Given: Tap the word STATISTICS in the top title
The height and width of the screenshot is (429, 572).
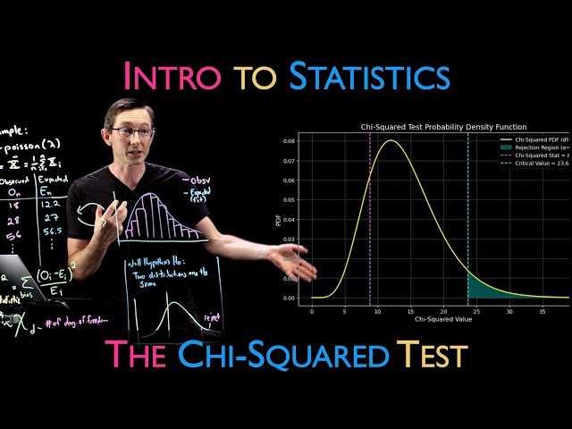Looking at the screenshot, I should [x=368, y=75].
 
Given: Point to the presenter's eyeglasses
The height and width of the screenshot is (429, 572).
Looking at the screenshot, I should [x=133, y=132].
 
